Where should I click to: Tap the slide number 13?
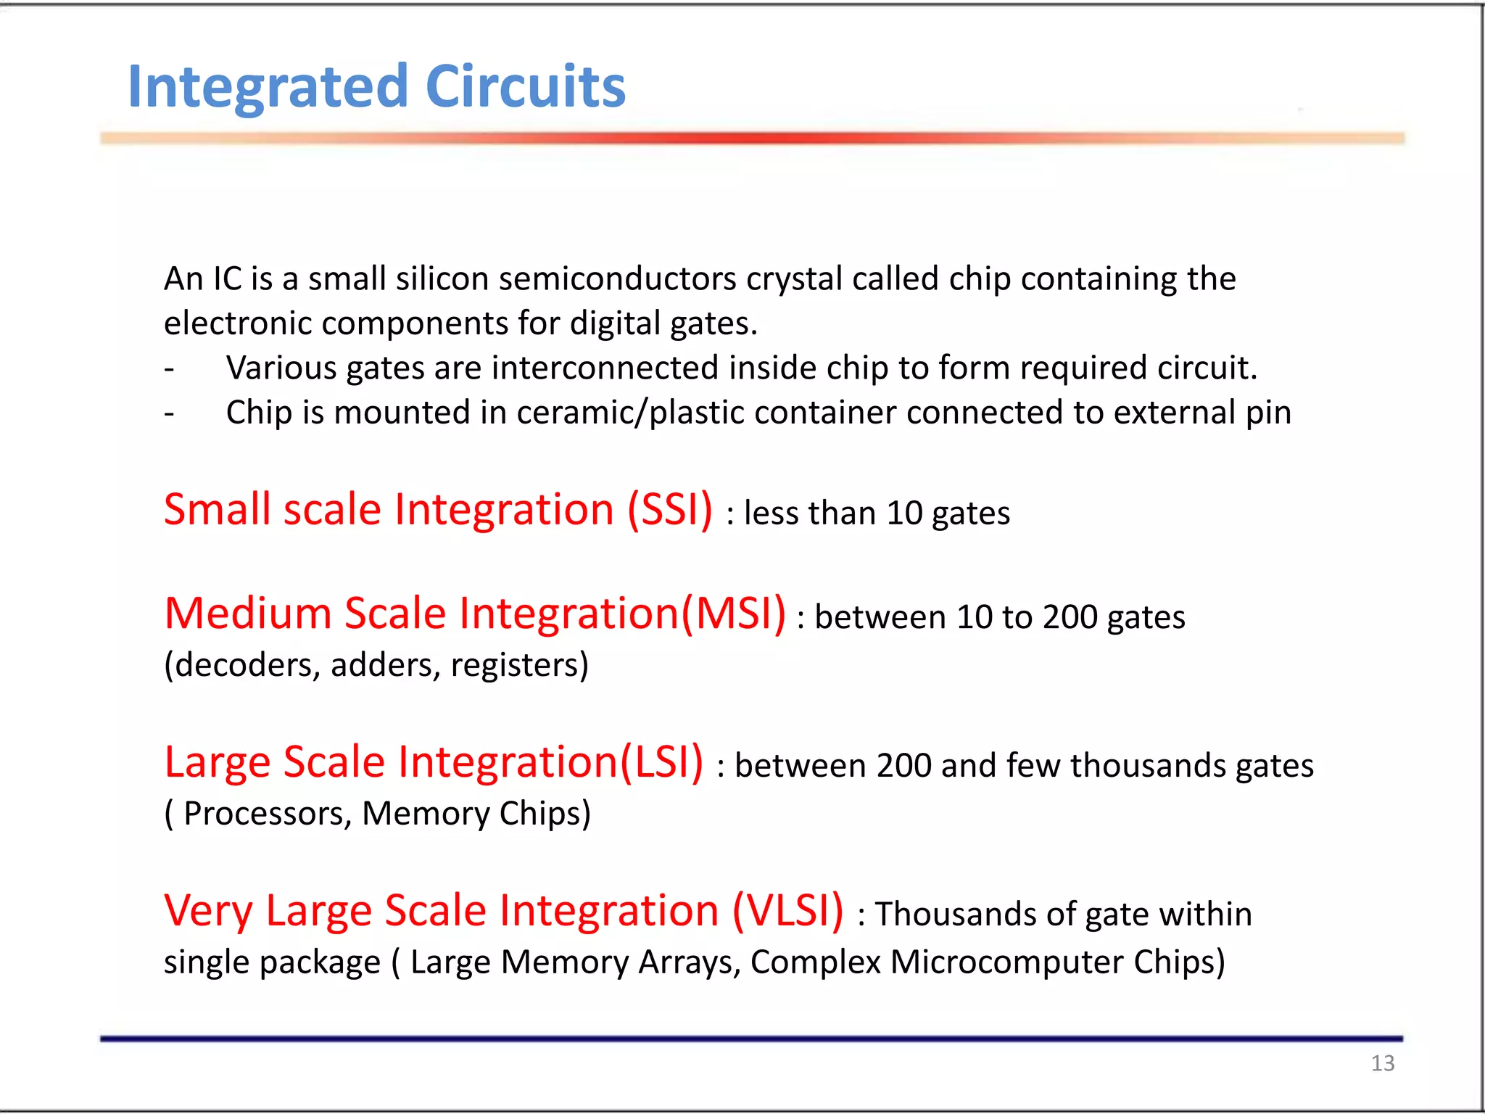[x=1382, y=1063]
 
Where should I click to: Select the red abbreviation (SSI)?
[x=670, y=509]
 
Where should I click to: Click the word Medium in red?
[x=248, y=614]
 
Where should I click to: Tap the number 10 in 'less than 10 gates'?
[x=904, y=513]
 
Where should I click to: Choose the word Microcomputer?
[x=1007, y=962]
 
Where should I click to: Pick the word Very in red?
[x=209, y=912]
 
